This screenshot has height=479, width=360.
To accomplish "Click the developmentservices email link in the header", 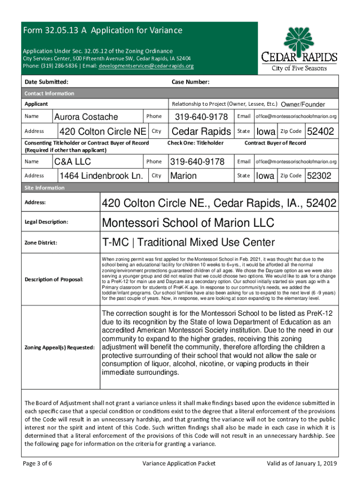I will coord(146,66).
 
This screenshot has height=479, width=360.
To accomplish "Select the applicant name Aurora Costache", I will coord(86,116).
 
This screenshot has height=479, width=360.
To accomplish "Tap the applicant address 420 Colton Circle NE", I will coord(102,131).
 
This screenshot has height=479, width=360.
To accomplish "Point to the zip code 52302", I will coord(319,176).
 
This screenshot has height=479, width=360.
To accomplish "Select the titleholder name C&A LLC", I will coord(72,162).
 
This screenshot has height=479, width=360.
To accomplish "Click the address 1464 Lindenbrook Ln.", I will coord(101,176).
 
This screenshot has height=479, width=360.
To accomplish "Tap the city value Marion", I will coord(183,176).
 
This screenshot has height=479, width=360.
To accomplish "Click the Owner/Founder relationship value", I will coord(303,104).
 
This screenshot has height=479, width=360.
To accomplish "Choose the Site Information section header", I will coord(44,188).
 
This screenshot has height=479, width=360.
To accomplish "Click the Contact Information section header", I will coord(49,93).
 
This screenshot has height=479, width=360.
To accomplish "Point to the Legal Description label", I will coord(46,221).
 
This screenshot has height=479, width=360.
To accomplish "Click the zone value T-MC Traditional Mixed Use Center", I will coord(188,242).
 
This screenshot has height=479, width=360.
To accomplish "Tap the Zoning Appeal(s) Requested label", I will coord(59,347).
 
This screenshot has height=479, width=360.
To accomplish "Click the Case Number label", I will coord(190,82).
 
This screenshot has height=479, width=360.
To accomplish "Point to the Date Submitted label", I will coord(46,82).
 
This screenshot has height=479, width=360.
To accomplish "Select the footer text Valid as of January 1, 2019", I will coord(301,464).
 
